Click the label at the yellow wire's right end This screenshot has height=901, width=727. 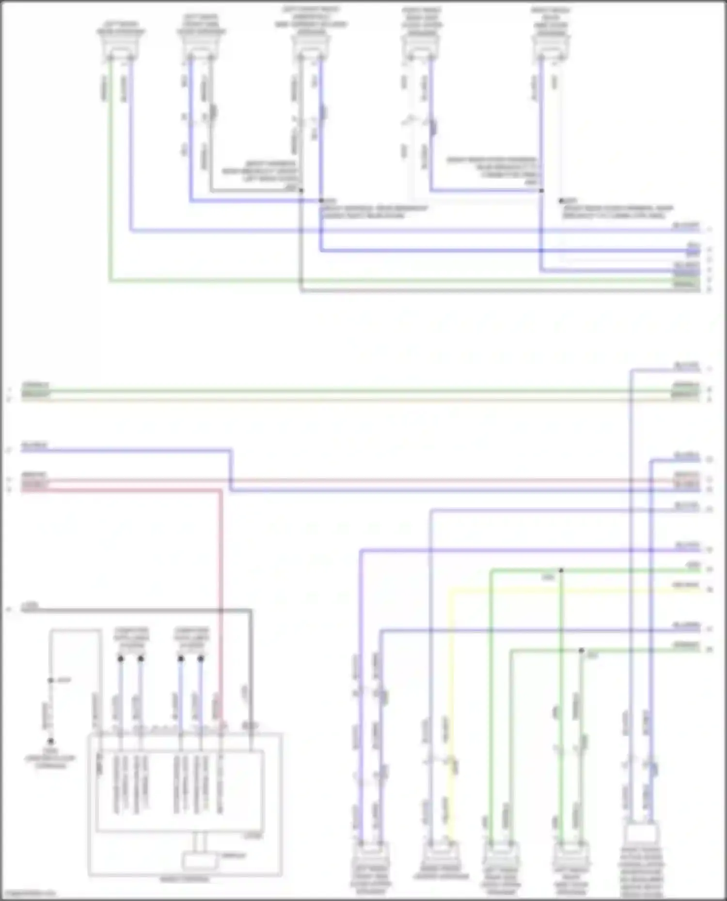[685, 585]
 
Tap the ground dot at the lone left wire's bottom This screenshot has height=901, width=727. [50, 741]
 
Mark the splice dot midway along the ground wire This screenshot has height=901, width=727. [50, 680]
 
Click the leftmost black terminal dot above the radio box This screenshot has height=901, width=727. [121, 658]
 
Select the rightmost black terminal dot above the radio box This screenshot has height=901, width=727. [201, 658]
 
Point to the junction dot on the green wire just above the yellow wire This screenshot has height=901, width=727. [561, 570]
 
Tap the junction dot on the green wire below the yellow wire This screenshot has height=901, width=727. [581, 650]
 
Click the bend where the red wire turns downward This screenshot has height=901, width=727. [221, 491]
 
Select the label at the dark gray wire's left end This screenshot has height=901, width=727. [30, 606]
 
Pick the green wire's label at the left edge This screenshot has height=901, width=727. [35, 386]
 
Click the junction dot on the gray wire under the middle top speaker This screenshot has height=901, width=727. [301, 191]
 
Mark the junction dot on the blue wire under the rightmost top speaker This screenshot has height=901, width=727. [541, 191]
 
